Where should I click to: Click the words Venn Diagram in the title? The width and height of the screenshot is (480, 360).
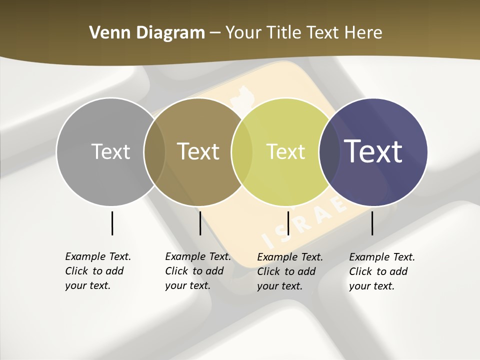click(x=147, y=33)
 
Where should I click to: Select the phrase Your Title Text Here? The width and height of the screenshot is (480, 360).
click(x=303, y=33)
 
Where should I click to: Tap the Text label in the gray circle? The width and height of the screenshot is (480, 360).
click(x=110, y=151)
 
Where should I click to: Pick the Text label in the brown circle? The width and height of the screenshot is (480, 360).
click(x=198, y=151)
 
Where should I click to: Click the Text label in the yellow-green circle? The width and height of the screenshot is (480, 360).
click(x=285, y=151)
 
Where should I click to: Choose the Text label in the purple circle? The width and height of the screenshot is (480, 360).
click(x=373, y=151)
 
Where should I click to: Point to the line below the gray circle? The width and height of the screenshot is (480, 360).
click(x=112, y=223)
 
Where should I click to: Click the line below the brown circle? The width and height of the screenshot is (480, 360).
click(x=200, y=223)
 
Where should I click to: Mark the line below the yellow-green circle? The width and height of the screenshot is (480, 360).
click(x=288, y=223)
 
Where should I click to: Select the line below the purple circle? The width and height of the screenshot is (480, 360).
click(x=372, y=223)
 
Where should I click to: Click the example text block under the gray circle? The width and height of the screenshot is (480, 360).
click(x=97, y=271)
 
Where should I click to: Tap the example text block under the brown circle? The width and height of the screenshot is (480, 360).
click(x=197, y=271)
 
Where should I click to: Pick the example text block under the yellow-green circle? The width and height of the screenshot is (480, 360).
click(x=289, y=271)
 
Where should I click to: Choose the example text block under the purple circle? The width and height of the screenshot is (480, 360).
click(x=381, y=271)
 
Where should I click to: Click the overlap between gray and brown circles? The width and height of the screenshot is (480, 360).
click(x=154, y=151)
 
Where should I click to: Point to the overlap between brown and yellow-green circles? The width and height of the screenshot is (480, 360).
click(x=242, y=151)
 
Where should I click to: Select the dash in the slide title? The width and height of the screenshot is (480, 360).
click(x=215, y=33)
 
